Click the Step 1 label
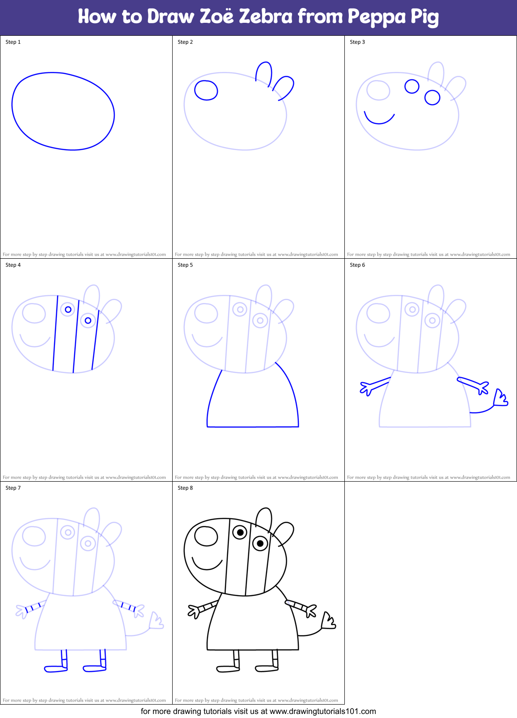click(x=13, y=42)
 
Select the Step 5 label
click(x=185, y=265)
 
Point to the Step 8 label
click(x=185, y=488)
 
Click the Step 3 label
click(x=357, y=42)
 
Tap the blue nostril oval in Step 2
click(x=206, y=90)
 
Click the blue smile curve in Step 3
click(x=378, y=121)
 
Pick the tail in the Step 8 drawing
click(x=328, y=621)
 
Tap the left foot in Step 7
click(x=55, y=668)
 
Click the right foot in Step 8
click(x=267, y=668)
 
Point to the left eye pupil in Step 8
click(x=240, y=532)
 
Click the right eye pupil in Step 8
click(x=260, y=543)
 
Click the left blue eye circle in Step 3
click(x=412, y=86)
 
